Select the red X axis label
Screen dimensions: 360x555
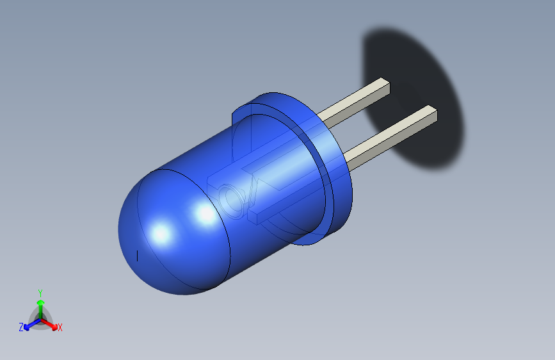[x=60, y=328]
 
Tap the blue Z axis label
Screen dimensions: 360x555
[x=21, y=327]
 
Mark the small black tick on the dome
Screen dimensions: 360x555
[x=138, y=256]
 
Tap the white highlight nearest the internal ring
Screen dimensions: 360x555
[x=205, y=215]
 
